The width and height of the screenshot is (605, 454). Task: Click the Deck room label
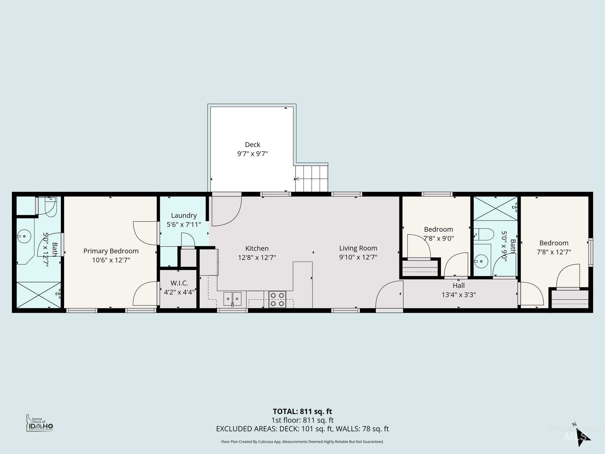point(252,145)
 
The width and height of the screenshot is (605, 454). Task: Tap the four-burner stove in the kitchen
point(277,299)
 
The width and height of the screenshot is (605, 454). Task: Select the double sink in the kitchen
point(232,299)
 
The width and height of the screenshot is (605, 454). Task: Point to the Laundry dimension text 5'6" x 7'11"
point(184,225)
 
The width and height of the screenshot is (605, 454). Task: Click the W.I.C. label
point(179,283)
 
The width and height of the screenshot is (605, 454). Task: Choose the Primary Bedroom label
point(111,251)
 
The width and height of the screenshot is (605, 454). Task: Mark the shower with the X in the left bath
point(38,295)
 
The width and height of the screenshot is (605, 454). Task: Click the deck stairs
point(311,179)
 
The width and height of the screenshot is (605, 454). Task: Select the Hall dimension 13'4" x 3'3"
point(459,295)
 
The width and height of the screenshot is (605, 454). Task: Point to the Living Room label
point(358,248)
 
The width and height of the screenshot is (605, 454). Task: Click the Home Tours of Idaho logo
point(40,423)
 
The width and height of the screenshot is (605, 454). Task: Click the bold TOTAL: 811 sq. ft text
point(302,411)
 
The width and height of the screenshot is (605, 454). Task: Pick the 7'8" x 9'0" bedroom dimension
point(439,238)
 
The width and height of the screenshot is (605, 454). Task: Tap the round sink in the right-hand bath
point(481,261)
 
